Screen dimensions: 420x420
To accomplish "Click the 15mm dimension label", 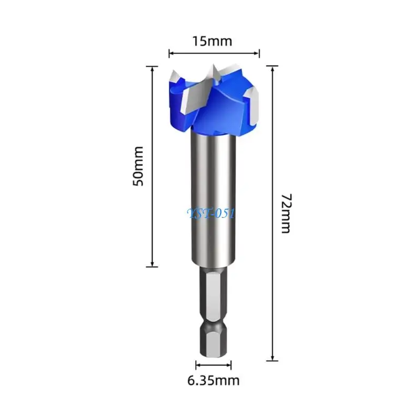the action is pyautogui.click(x=212, y=41).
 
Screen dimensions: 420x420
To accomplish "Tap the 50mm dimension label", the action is pyautogui.click(x=138, y=166).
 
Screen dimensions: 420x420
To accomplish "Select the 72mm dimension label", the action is pyautogui.click(x=286, y=213).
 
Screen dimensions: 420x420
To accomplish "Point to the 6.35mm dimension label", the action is pyautogui.click(x=213, y=381).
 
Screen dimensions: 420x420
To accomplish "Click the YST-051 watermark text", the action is pyautogui.click(x=212, y=214).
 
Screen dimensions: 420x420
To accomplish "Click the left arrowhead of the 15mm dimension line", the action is pyautogui.click(x=172, y=54).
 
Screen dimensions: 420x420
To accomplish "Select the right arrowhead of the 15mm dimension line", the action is pyautogui.click(x=256, y=54).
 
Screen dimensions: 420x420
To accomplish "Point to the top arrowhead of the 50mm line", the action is pyautogui.click(x=152, y=69).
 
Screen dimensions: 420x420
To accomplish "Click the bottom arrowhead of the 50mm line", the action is pyautogui.click(x=152, y=264).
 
